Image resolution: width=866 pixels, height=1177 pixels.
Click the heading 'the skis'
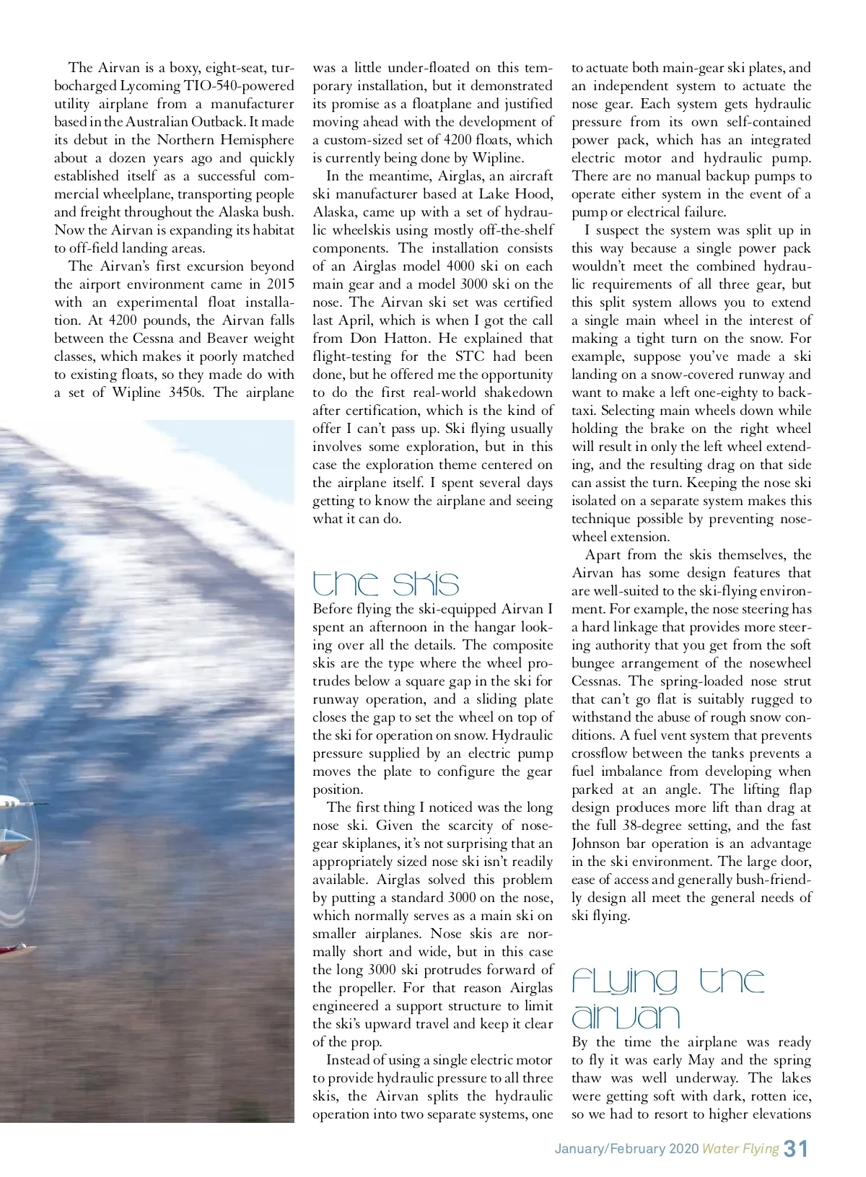pyautogui.click(x=385, y=583)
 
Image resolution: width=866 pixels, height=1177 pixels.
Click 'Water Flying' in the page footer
pyautogui.click(x=740, y=1149)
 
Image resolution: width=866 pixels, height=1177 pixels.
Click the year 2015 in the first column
pyautogui.click(x=280, y=284)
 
